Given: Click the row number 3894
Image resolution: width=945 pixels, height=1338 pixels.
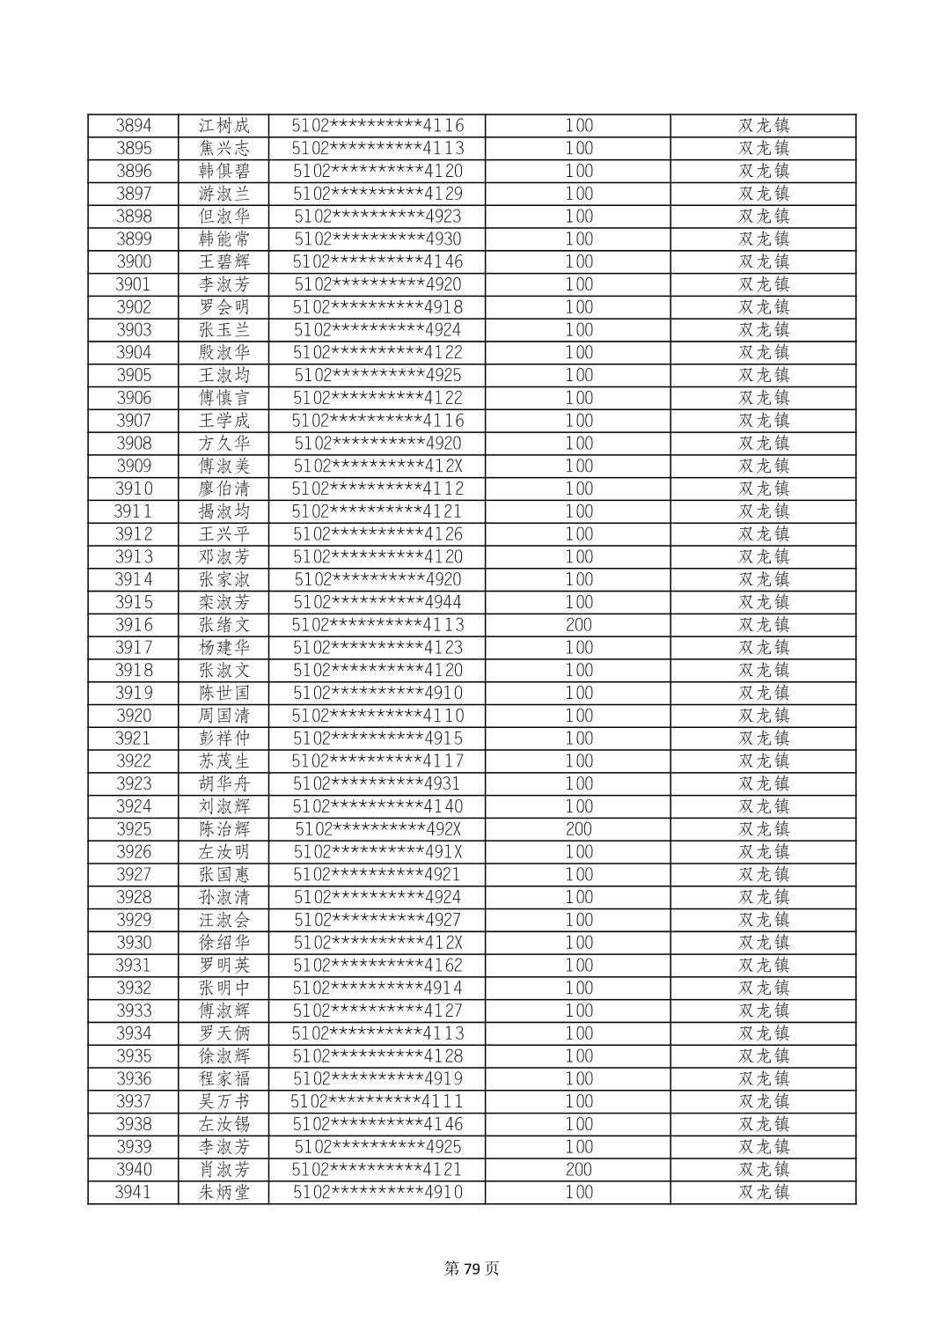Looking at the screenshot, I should [x=134, y=125].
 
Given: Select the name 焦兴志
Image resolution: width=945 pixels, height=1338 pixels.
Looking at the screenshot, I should [x=224, y=148].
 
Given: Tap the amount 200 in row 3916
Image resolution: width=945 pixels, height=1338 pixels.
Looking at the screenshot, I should [x=578, y=625].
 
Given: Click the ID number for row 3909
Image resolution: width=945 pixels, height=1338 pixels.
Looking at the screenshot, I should [x=377, y=466].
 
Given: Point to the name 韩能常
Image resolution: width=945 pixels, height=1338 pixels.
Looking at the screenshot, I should [x=224, y=239].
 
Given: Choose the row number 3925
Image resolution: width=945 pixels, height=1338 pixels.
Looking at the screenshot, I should [x=134, y=829].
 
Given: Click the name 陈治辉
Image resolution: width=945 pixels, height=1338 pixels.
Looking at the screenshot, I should [x=224, y=829].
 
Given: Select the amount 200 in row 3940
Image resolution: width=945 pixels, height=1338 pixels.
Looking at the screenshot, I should [x=578, y=1170].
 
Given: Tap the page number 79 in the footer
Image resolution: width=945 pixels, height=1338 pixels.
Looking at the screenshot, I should [x=472, y=1268].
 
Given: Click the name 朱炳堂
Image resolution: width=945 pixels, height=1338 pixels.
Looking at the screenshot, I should [x=224, y=1193].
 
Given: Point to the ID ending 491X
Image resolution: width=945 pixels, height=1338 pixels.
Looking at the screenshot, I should [x=377, y=852].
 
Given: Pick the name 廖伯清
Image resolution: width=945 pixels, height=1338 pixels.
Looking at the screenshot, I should [x=224, y=489].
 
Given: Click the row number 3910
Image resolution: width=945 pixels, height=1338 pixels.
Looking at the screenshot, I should [x=134, y=489].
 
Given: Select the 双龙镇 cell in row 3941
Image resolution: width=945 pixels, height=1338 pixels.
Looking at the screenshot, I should [x=763, y=1193].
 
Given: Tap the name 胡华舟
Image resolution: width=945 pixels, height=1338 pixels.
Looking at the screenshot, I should [x=224, y=783].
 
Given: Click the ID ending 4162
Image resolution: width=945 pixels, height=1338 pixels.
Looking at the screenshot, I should [x=377, y=966].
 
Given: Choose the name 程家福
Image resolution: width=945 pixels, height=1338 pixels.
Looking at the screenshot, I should [x=224, y=1079].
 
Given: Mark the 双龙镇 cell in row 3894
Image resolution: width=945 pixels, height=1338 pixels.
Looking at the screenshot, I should [x=763, y=125].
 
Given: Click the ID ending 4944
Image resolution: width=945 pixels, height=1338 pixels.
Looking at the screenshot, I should [x=377, y=602].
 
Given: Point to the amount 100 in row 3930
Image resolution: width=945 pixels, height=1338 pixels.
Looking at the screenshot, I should [x=578, y=943].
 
